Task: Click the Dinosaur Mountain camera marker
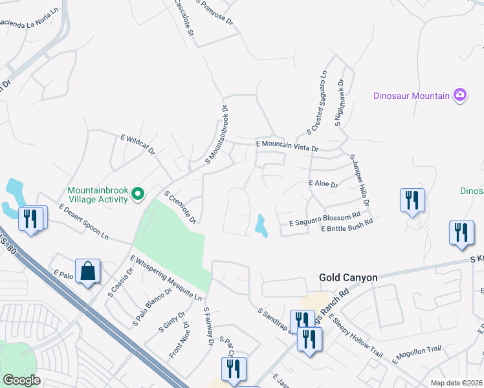(x=459, y=95)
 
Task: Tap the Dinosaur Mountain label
(x=412, y=96)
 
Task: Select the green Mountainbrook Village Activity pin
(x=137, y=193)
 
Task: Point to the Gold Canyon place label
(x=348, y=277)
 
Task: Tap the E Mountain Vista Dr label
(x=287, y=146)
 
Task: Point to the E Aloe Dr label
(x=324, y=184)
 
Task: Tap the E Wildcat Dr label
(x=138, y=144)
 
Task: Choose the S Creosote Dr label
(x=180, y=208)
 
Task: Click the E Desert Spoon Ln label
(x=83, y=222)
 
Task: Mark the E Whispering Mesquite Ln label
(x=166, y=279)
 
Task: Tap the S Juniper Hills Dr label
(x=359, y=180)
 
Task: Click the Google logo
(x=21, y=380)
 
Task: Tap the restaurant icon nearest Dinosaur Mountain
(x=412, y=200)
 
